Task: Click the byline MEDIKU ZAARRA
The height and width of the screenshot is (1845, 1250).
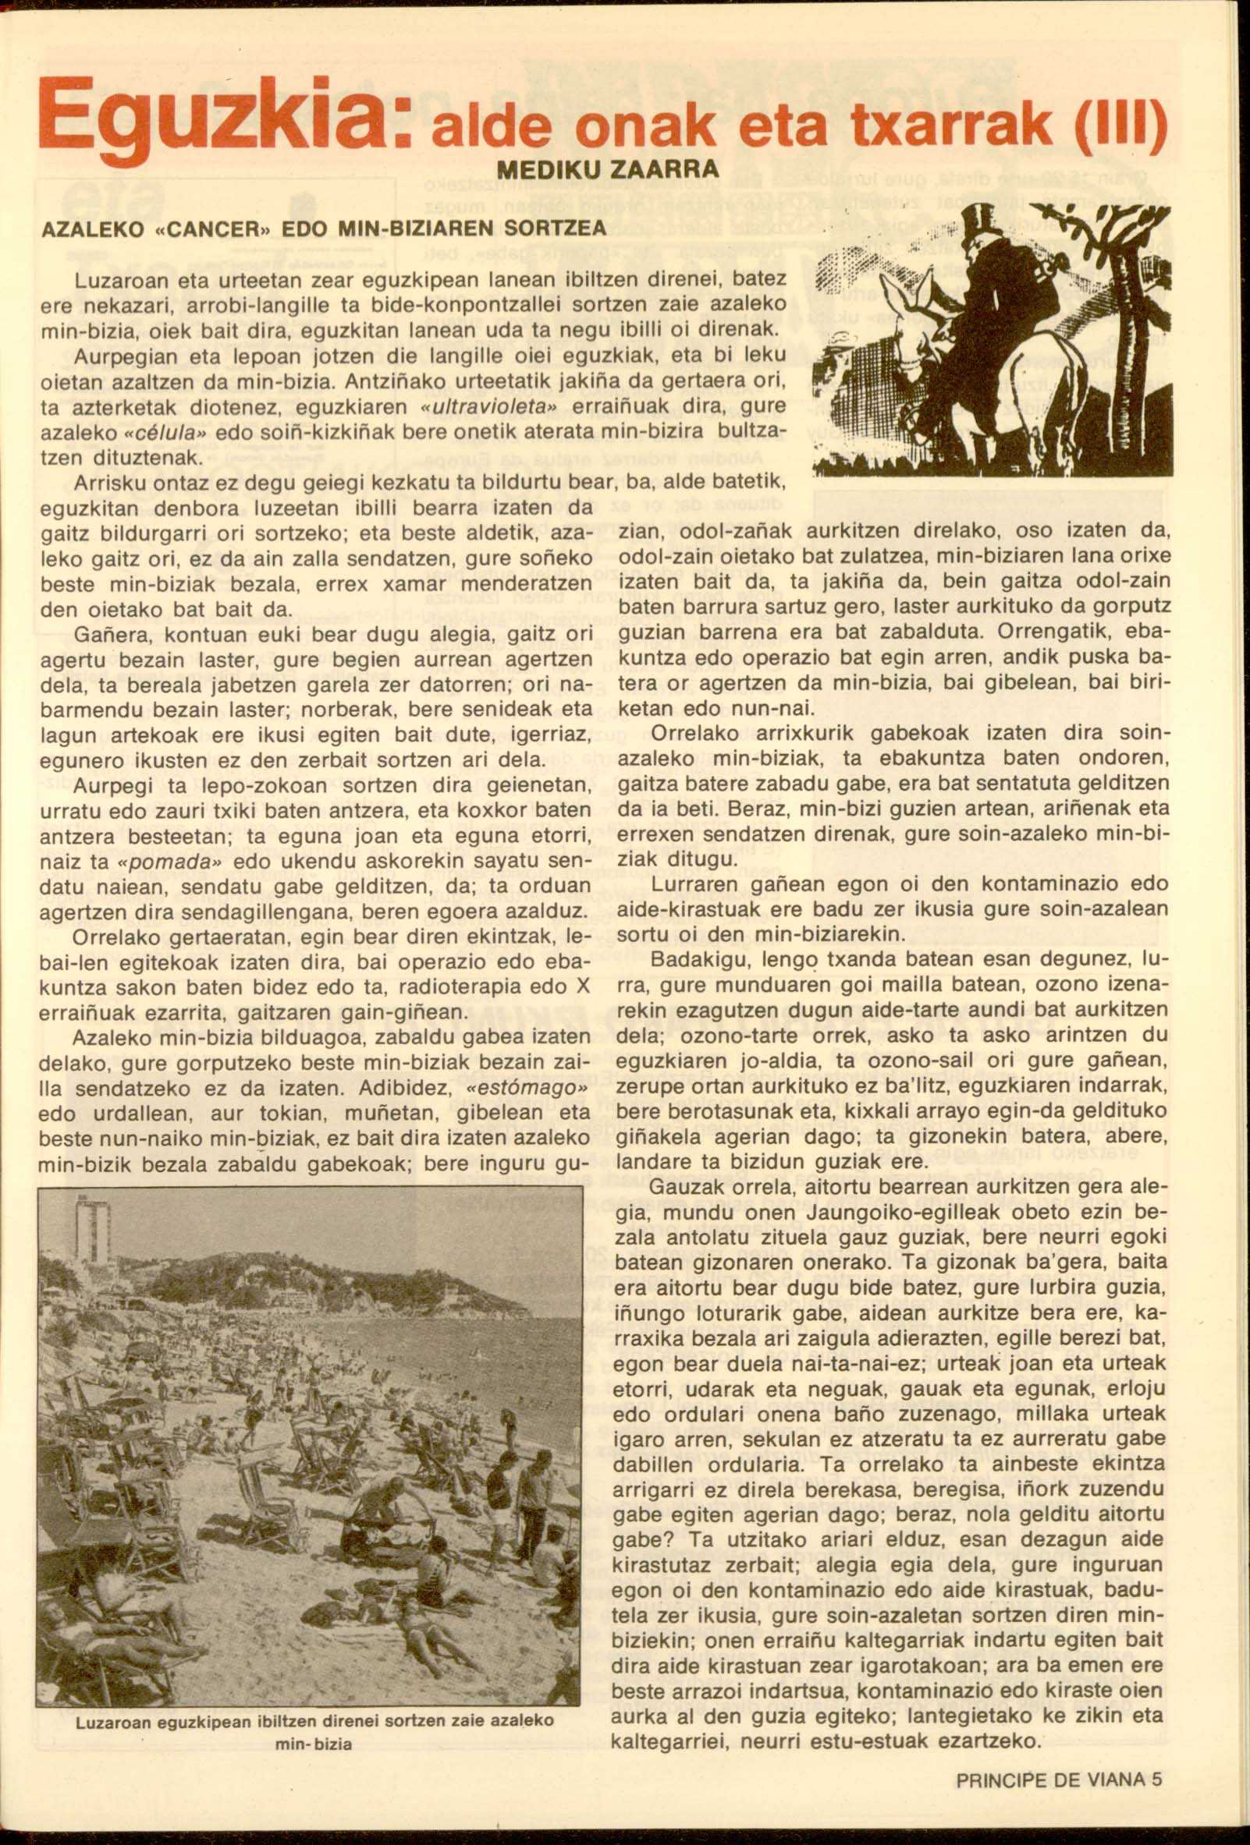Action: coord(608,170)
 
